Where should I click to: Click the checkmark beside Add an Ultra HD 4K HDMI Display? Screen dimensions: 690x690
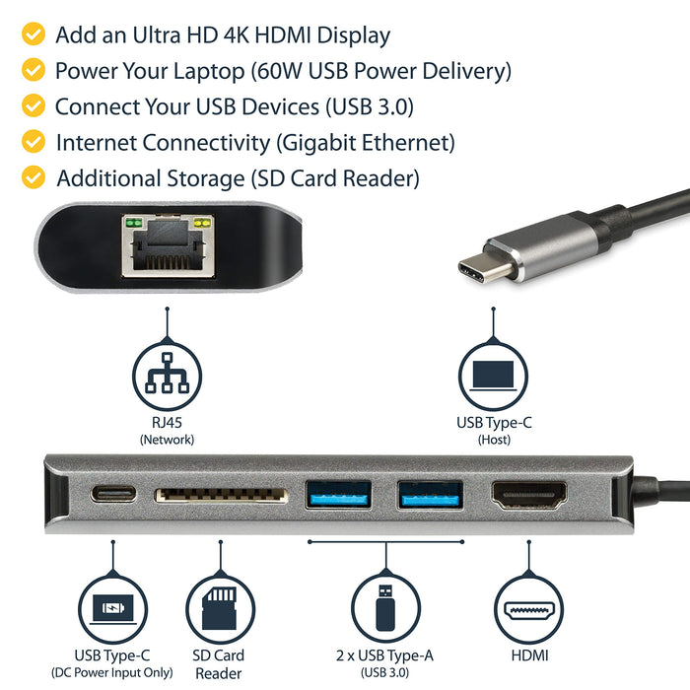click(34, 35)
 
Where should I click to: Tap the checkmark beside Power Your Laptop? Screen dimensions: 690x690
click(34, 71)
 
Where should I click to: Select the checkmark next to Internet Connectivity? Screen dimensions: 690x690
click(34, 142)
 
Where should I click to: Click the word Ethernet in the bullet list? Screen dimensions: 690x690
click(405, 143)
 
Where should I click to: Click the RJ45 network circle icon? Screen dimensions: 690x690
click(167, 375)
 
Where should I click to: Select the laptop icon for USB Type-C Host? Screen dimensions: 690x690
click(492, 375)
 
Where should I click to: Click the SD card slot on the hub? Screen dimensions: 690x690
click(220, 494)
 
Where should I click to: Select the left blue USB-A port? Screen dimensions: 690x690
click(339, 494)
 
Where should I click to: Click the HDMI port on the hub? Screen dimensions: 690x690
click(529, 495)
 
